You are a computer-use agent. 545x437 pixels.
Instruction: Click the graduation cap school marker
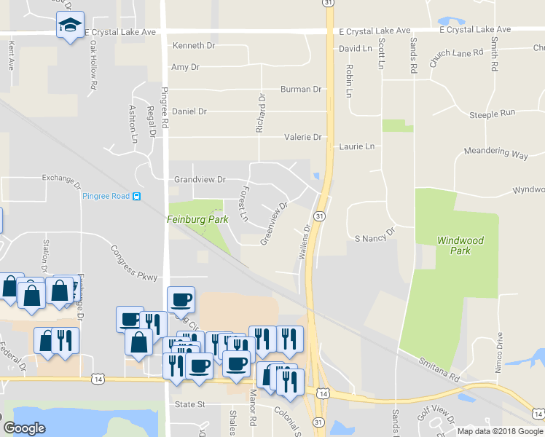(x=70, y=25)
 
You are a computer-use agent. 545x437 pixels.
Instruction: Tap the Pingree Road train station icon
(x=136, y=196)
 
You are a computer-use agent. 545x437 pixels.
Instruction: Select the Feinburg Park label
(x=197, y=219)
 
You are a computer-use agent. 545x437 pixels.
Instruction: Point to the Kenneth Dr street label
(x=194, y=45)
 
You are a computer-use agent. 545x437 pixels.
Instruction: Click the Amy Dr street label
(x=185, y=67)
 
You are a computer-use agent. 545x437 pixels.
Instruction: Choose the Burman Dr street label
(x=301, y=90)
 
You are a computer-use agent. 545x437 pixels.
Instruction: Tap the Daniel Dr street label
(x=189, y=112)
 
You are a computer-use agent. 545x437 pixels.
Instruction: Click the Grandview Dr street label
(x=200, y=179)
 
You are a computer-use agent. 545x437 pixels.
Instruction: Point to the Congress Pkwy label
(x=134, y=261)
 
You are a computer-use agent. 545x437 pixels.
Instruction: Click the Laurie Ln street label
(x=356, y=146)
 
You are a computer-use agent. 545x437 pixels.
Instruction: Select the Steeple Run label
(x=492, y=114)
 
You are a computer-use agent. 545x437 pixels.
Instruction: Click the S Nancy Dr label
(x=374, y=238)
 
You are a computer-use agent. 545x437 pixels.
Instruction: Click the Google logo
(x=24, y=428)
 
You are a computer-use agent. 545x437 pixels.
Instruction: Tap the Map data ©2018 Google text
(x=499, y=431)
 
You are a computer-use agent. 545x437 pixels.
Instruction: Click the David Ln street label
(x=356, y=49)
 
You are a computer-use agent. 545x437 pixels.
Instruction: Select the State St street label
(x=190, y=403)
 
